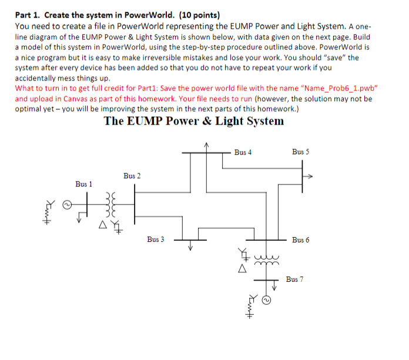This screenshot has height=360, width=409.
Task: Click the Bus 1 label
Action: [84, 184]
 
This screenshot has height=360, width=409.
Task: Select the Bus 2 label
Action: [132, 176]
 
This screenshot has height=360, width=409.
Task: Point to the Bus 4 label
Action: [243, 152]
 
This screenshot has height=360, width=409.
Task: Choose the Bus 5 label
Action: [300, 152]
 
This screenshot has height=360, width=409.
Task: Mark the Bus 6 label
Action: [300, 240]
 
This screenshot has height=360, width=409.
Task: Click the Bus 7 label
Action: [295, 279]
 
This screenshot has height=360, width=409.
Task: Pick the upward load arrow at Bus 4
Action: [206, 145]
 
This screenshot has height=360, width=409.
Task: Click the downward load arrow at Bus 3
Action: [190, 247]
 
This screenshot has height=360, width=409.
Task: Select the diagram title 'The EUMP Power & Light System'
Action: [193, 122]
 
